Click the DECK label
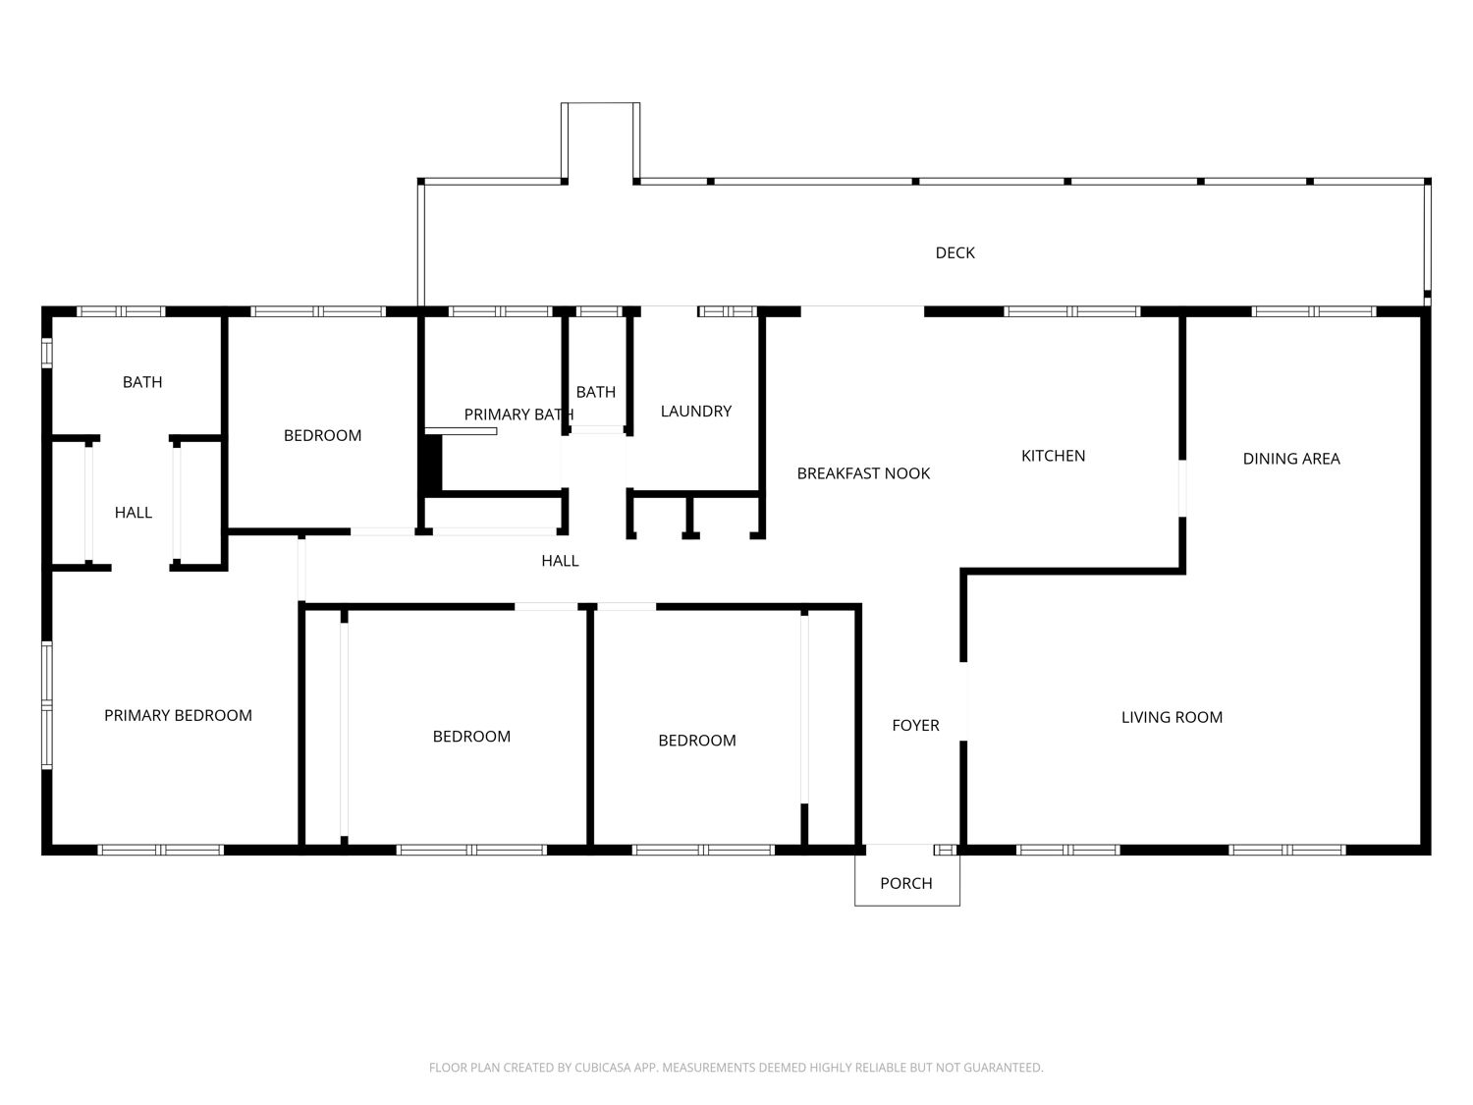tap(955, 253)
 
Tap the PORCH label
tap(906, 884)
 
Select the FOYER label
tap(915, 725)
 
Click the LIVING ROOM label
tap(1172, 717)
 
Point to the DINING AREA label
tap(1291, 459)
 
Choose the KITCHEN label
tap(1053, 456)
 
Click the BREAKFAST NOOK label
tap(863, 473)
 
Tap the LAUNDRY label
tap(696, 412)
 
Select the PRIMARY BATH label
tap(518, 414)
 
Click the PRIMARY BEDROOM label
tap(178, 716)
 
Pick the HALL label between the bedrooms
tap(560, 561)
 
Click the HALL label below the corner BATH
tap(133, 513)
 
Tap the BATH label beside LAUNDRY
tap(595, 392)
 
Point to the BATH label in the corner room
tap(142, 382)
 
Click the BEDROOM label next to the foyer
tap(696, 741)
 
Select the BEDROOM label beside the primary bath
tap(322, 436)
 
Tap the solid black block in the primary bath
tap(433, 464)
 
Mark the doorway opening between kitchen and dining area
tap(1181, 488)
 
